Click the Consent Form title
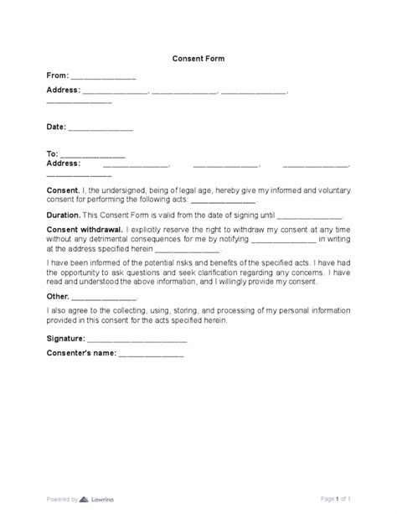click(198, 60)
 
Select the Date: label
click(55, 128)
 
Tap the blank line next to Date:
click(100, 130)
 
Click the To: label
click(52, 154)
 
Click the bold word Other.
click(57, 298)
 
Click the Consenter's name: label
click(80, 356)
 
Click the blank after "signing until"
click(308, 216)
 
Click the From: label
click(58, 75)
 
